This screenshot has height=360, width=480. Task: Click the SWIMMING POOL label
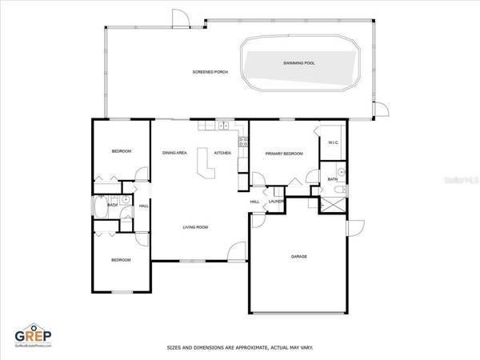298,62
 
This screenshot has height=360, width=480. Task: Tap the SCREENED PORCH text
210,72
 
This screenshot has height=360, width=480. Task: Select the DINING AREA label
174,152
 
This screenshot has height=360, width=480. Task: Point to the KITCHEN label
223,152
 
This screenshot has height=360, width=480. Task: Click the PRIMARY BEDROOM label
284,155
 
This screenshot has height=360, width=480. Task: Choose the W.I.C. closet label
334,143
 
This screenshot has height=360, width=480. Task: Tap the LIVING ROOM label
195,227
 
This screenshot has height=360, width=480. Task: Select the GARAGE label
298,257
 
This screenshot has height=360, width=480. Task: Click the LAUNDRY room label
277,202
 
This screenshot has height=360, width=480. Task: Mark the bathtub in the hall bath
98,208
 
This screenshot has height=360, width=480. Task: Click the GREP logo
34,334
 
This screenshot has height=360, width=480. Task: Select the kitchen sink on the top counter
224,126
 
